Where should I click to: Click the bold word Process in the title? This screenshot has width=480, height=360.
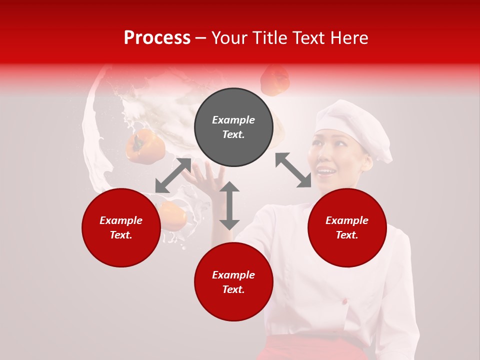pos(157,38)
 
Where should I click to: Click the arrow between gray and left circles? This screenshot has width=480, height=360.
pos(173,175)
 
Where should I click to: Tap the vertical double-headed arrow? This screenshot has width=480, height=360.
pos(229,205)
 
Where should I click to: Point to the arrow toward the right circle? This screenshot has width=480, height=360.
pos(293,170)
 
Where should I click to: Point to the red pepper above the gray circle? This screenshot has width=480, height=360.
pos(275,80)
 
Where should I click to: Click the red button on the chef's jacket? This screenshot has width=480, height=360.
pos(344,301)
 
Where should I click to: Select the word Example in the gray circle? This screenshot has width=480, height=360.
pos(233,120)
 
